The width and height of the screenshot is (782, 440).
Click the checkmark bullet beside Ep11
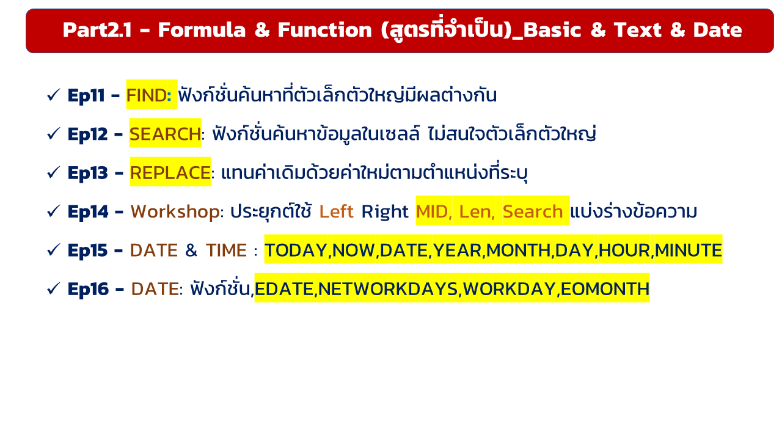[x=53, y=95]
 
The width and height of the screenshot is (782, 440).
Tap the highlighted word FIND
[x=147, y=95]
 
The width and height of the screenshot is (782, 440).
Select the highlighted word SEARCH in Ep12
[x=165, y=134]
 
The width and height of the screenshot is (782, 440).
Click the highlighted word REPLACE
[x=170, y=173]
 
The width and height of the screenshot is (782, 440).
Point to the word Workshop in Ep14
[x=175, y=211]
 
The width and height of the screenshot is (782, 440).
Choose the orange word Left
[x=336, y=211]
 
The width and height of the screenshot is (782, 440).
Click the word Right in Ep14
[x=385, y=212]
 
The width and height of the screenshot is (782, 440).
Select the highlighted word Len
[x=475, y=211]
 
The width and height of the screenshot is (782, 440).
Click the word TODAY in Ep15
[x=296, y=251]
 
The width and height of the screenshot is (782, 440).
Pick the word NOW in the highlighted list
[x=353, y=251]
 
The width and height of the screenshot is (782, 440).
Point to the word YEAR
[x=457, y=251]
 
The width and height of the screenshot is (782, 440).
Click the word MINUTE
[x=688, y=251]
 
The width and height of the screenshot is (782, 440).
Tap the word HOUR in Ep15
[x=624, y=251]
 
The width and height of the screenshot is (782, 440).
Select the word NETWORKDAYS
[x=388, y=289]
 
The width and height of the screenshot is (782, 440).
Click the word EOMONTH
[x=605, y=289]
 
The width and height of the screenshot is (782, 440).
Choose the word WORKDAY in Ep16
[x=510, y=289]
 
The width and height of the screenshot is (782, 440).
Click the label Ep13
[x=87, y=173]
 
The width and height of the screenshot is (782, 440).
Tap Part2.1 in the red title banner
[x=97, y=30]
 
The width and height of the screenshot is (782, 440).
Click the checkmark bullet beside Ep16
[x=53, y=289]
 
